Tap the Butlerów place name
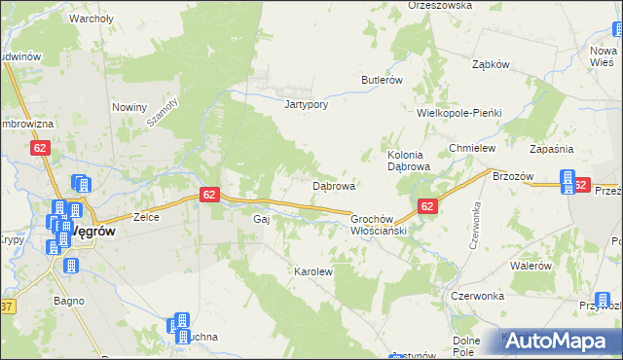(382, 80)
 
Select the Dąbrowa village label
(333, 185)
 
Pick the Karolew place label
(313, 272)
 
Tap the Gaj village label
(261, 220)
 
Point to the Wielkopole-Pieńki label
(458, 113)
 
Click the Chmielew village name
(472, 148)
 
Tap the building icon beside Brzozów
(568, 181)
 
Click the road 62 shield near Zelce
(209, 195)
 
